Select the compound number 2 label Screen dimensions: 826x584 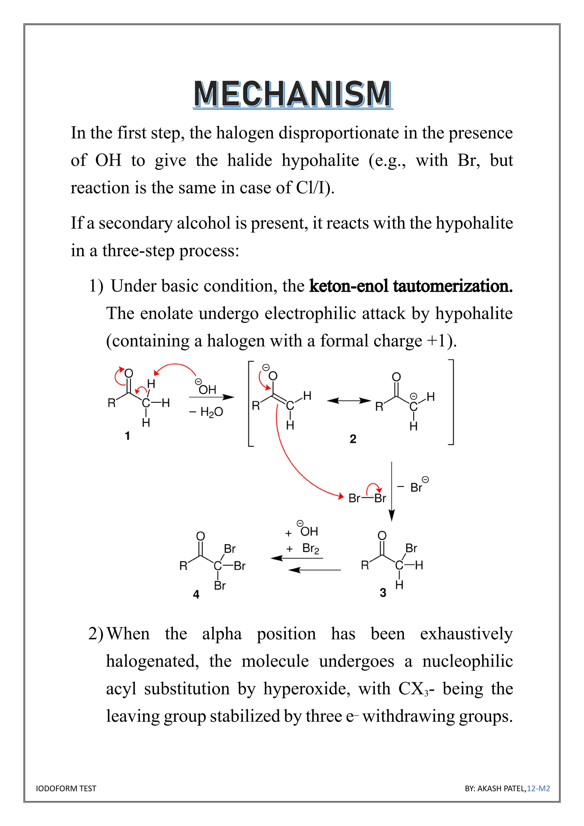(353, 439)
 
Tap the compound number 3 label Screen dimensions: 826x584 (383, 592)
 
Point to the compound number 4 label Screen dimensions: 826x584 (196, 594)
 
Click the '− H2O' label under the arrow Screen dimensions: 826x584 (206, 412)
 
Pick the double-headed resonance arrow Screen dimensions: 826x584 (348, 400)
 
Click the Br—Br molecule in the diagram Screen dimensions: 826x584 (367, 498)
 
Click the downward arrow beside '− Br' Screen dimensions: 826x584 (392, 491)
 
